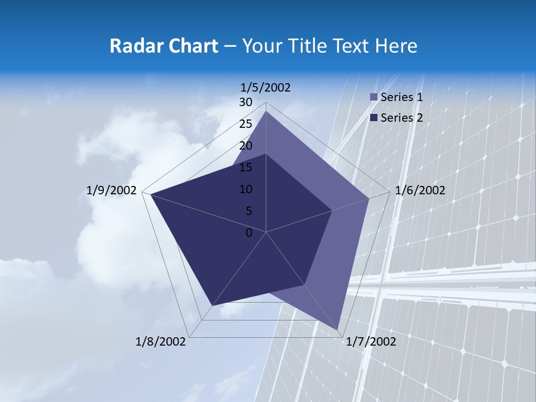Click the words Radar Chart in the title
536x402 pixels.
(164, 46)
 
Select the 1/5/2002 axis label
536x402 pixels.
(266, 87)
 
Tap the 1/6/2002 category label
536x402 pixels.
(420, 190)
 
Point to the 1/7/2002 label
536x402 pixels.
(371, 342)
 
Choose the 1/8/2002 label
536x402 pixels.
(161, 342)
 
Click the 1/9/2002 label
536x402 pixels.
(112, 190)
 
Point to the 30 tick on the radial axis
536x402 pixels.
(246, 102)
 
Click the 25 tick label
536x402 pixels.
(246, 124)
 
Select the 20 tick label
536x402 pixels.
(246, 146)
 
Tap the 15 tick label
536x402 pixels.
(246, 167)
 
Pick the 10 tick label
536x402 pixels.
(246, 189)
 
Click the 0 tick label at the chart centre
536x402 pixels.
(249, 233)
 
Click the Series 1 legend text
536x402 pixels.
(401, 97)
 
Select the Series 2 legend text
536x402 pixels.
(401, 118)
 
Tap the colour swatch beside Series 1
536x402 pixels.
(374, 98)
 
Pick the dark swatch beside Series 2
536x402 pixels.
(374, 118)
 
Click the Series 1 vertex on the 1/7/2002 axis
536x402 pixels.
(338, 329)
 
